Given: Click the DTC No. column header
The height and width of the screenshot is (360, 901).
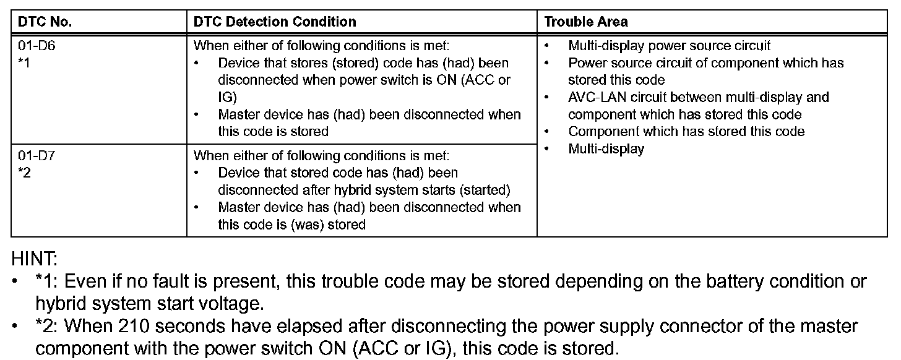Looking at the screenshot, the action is coord(45,22).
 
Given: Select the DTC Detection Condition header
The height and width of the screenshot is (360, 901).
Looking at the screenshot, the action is coord(275,22).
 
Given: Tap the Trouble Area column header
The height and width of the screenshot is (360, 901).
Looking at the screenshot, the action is coord(585,22).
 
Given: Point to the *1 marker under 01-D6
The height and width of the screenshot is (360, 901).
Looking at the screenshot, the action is coord(24,63).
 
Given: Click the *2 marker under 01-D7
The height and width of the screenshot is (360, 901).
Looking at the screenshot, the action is coord(24,173).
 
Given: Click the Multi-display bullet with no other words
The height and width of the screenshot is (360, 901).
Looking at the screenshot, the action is coord(606,149).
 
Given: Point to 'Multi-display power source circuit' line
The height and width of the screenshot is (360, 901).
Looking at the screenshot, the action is coord(669,46).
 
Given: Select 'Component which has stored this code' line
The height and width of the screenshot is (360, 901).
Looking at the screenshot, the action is coord(686,132).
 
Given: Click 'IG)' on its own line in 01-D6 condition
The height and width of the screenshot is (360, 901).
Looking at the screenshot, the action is coord(228,98).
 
